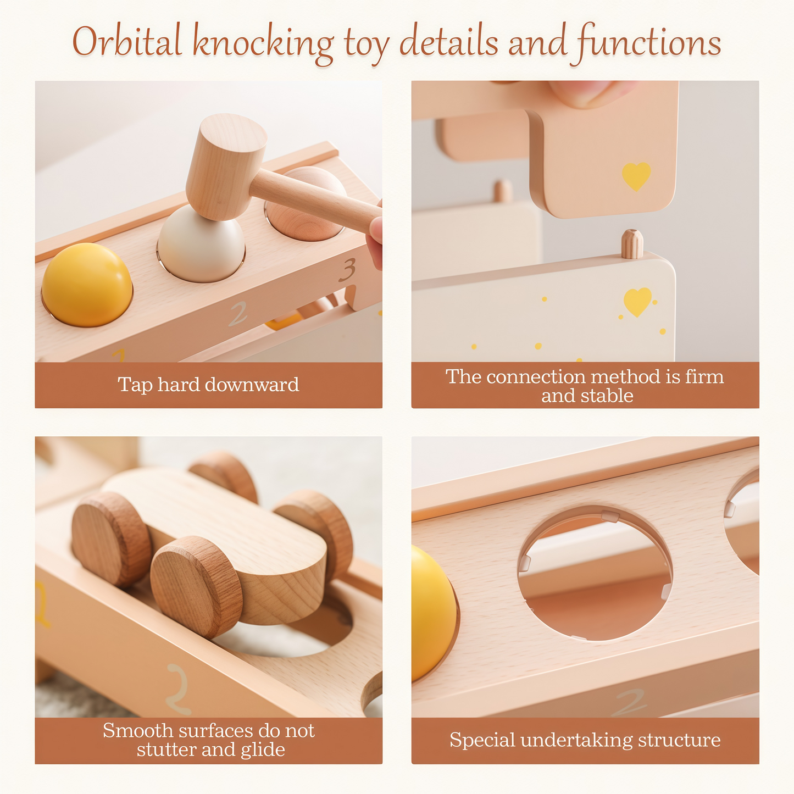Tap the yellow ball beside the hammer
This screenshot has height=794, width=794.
click(87, 285)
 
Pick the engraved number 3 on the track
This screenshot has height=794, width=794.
click(348, 270)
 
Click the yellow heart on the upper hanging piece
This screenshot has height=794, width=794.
click(636, 176)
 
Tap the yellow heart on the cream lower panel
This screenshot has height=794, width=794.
click(637, 302)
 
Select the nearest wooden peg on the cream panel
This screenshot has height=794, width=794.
click(632, 244)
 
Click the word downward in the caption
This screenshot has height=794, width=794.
click(252, 385)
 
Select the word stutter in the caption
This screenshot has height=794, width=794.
click(165, 749)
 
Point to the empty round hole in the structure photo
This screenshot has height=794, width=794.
click(595, 573)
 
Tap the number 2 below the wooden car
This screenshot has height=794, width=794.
click(179, 690)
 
